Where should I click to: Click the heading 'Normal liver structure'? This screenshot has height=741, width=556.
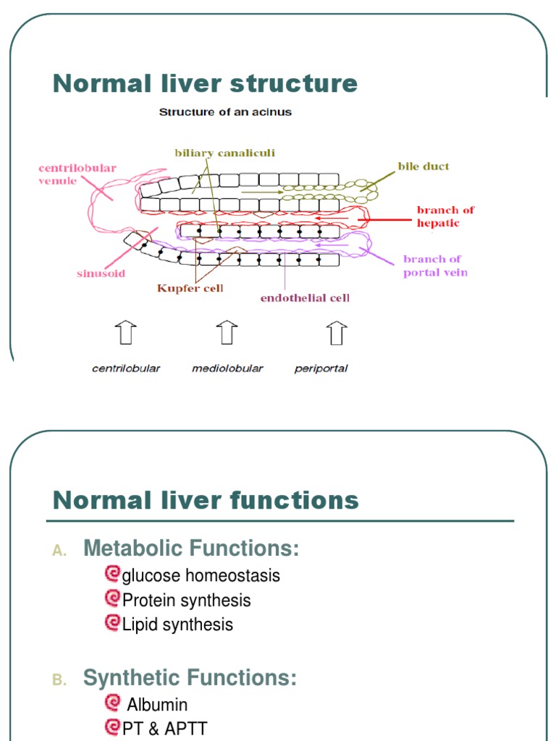(x=205, y=84)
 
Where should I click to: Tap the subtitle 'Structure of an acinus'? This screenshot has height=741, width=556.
(x=225, y=113)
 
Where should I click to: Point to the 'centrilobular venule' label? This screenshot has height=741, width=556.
(x=67, y=174)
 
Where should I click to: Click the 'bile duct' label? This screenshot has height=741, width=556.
(x=423, y=166)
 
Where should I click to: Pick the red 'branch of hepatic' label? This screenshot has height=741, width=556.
(x=445, y=216)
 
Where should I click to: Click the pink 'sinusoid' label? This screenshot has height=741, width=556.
(x=101, y=274)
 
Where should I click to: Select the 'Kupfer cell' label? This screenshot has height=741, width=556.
(x=190, y=288)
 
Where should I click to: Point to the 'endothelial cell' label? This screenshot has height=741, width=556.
(x=305, y=297)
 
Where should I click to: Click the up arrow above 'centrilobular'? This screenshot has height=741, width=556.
(x=125, y=334)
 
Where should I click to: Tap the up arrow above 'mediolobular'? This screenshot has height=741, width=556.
(x=227, y=334)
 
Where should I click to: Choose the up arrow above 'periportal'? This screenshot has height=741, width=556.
(x=336, y=334)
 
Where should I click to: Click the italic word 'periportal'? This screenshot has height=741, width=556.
(x=321, y=368)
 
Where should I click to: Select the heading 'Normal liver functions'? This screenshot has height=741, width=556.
(x=206, y=500)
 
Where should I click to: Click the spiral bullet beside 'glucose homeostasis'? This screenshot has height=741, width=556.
(x=112, y=575)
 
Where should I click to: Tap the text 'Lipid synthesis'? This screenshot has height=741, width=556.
(x=177, y=624)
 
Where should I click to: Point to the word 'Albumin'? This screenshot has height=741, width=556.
(x=157, y=705)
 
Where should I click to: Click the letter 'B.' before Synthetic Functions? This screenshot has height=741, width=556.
(x=59, y=680)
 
